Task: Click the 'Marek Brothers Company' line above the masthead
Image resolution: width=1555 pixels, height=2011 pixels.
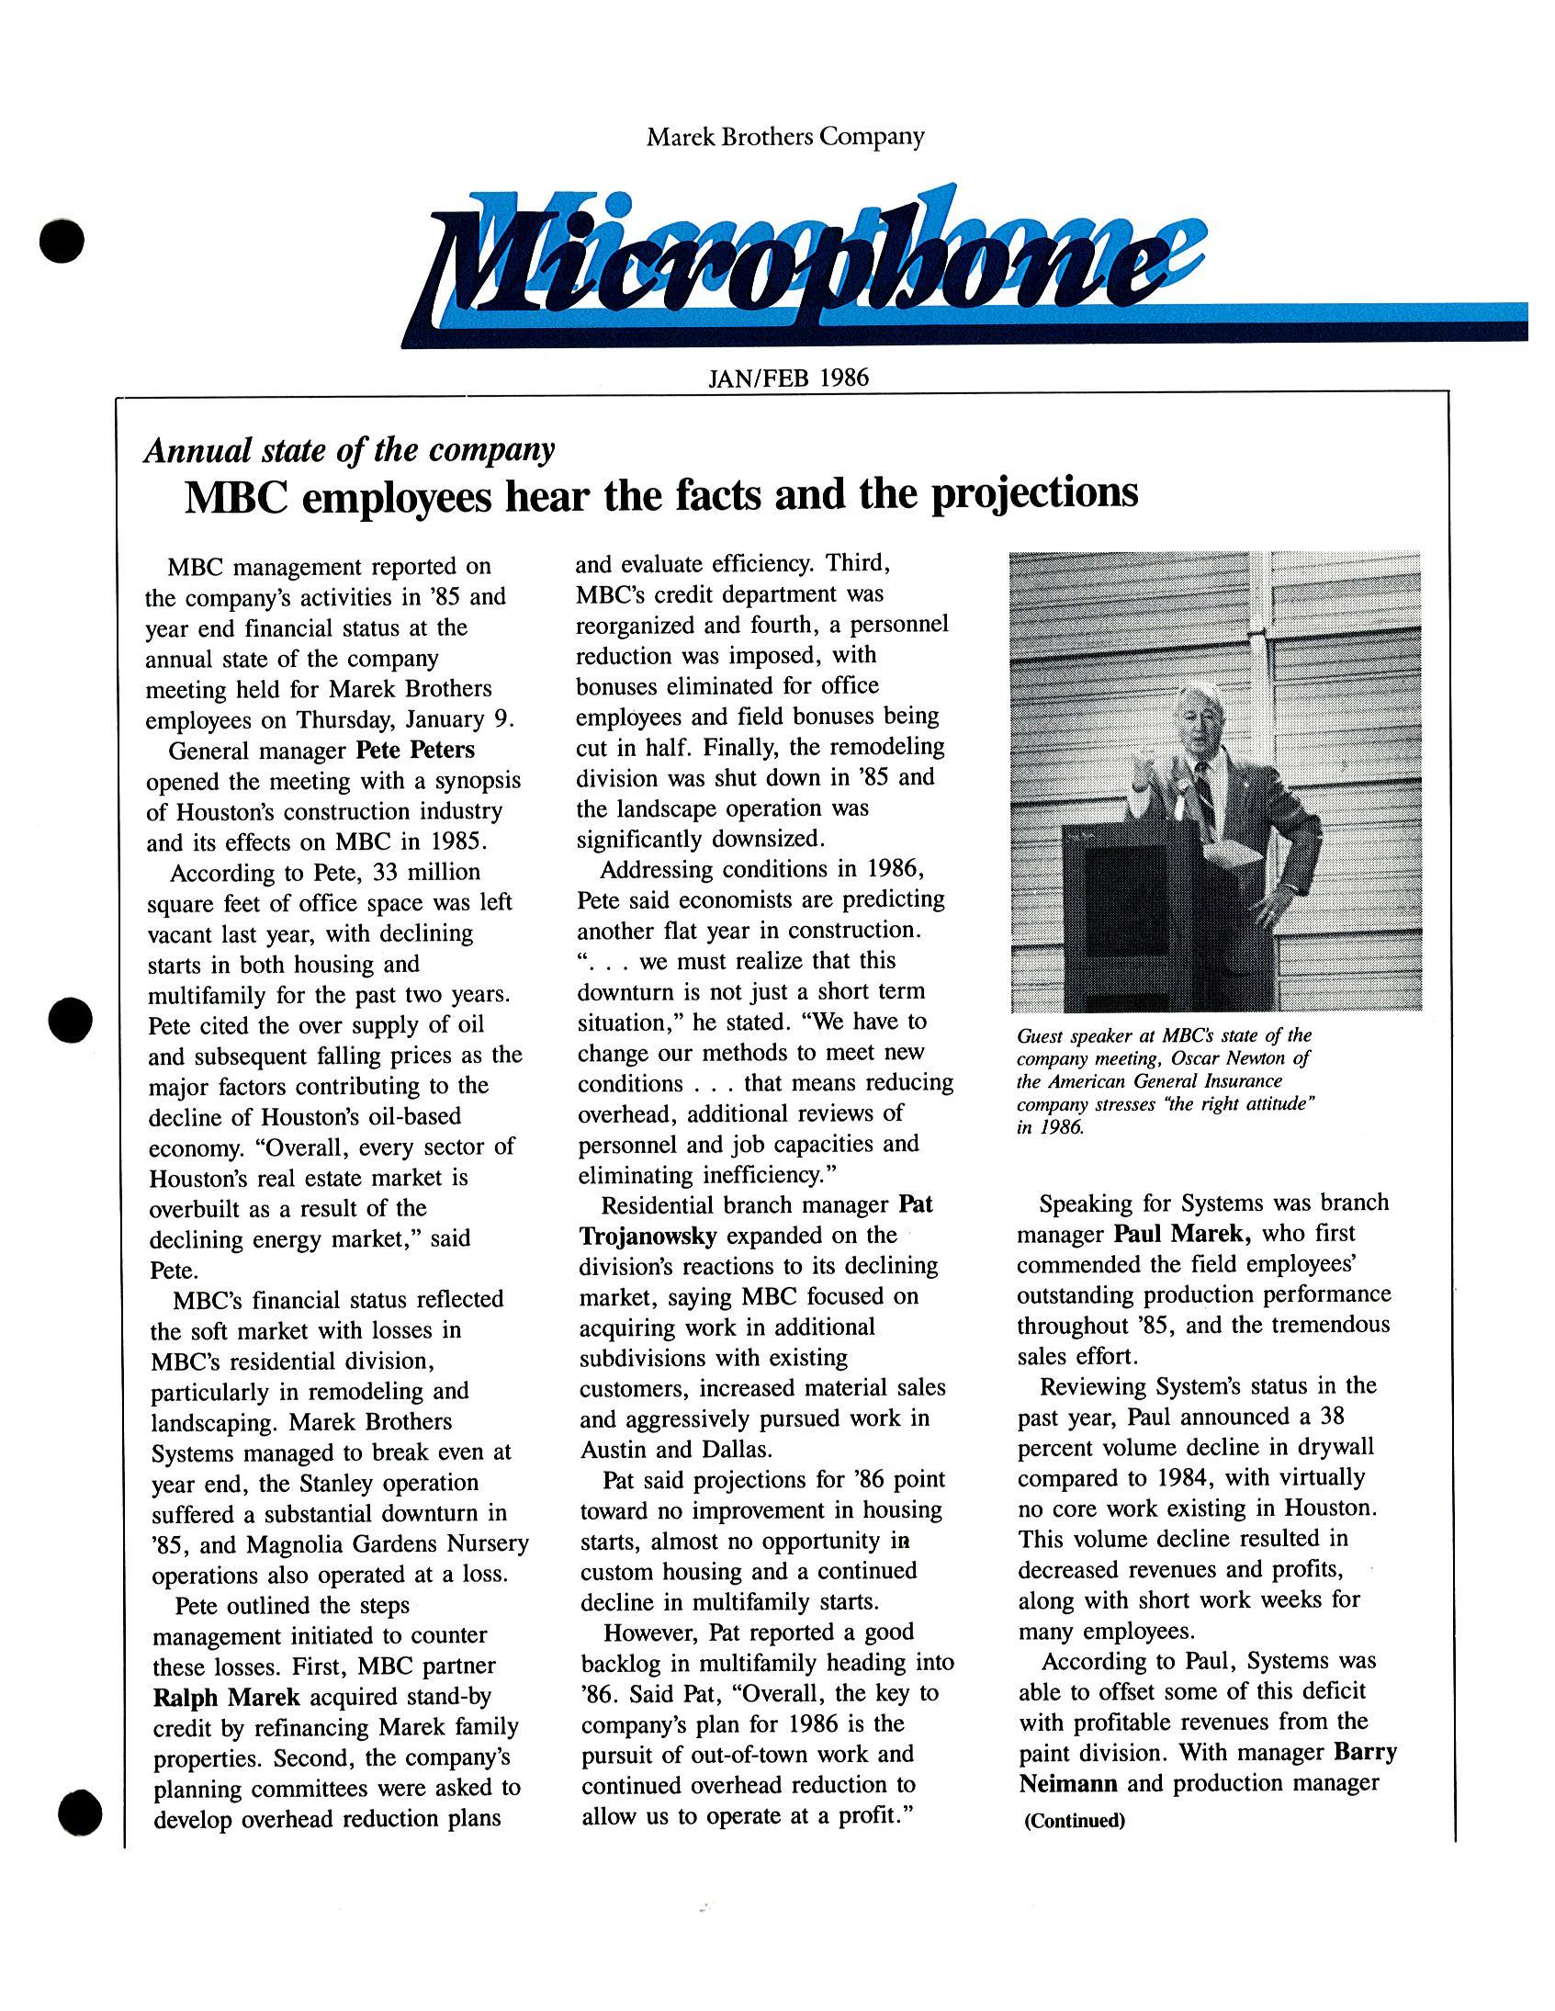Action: (784, 137)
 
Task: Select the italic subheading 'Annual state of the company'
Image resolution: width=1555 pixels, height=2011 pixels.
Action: (349, 450)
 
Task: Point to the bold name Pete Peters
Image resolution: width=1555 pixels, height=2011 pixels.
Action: (415, 750)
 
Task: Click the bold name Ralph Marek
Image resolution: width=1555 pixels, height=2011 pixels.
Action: (227, 1696)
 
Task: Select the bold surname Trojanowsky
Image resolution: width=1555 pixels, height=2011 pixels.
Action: (648, 1235)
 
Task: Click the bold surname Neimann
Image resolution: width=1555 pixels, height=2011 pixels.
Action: (1068, 1782)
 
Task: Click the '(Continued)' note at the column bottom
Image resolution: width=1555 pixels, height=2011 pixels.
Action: (1075, 1821)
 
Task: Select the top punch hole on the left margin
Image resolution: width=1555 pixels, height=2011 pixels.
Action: (62, 241)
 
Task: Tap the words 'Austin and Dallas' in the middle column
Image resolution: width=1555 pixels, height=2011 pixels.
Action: (674, 1450)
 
